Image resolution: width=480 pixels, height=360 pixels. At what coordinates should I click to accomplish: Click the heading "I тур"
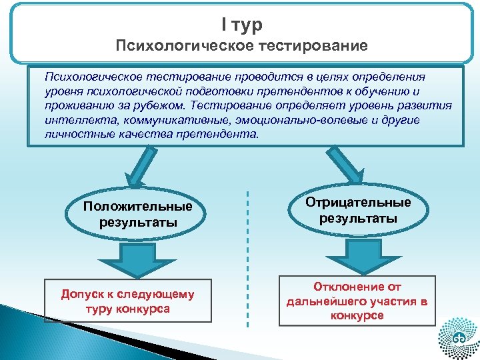coord(241,25)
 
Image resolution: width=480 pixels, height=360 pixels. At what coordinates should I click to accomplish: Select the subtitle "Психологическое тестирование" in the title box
coord(241,46)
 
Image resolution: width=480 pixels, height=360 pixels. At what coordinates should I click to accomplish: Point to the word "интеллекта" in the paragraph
coord(74,119)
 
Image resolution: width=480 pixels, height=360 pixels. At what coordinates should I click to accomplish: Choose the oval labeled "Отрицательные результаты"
coord(357,210)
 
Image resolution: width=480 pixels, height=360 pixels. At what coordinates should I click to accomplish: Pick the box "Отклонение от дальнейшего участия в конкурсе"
coord(357,301)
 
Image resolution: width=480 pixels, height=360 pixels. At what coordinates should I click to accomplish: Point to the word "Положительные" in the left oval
coord(137,206)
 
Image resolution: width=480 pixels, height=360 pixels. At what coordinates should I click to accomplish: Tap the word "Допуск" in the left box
coord(79,294)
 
